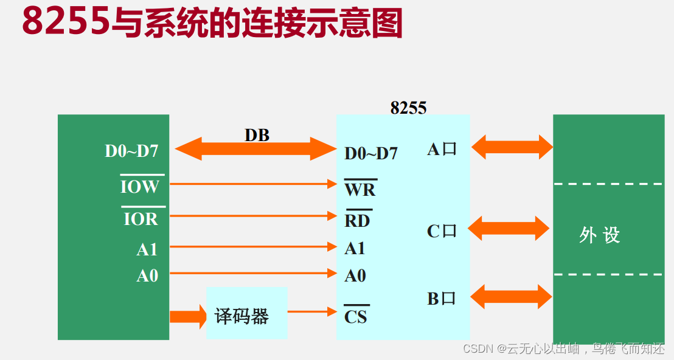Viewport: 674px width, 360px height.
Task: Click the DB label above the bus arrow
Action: coord(257,135)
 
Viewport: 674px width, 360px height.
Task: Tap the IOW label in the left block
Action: coord(139,186)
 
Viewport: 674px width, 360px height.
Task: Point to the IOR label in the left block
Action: coord(141,218)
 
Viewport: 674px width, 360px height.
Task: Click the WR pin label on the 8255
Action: coord(360,189)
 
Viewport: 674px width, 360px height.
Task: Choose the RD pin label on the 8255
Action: coord(357,220)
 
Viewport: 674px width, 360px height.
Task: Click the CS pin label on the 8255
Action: coord(356,316)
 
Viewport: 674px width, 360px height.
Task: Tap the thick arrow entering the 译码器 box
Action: coord(188,317)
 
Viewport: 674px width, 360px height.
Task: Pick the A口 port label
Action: coord(442,150)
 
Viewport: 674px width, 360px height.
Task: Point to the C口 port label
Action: coord(442,231)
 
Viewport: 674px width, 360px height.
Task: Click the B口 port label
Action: coord(441,299)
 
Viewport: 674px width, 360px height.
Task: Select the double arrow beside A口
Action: coord(512,147)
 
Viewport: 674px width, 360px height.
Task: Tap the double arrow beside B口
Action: coord(511,297)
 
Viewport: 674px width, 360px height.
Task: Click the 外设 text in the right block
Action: coord(600,235)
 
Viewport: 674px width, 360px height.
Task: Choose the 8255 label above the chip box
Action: coord(408,108)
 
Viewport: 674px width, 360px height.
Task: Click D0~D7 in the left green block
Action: coord(131,151)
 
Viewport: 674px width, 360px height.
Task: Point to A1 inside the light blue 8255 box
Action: coord(355,248)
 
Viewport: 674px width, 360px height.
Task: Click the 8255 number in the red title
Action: coord(66,22)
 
